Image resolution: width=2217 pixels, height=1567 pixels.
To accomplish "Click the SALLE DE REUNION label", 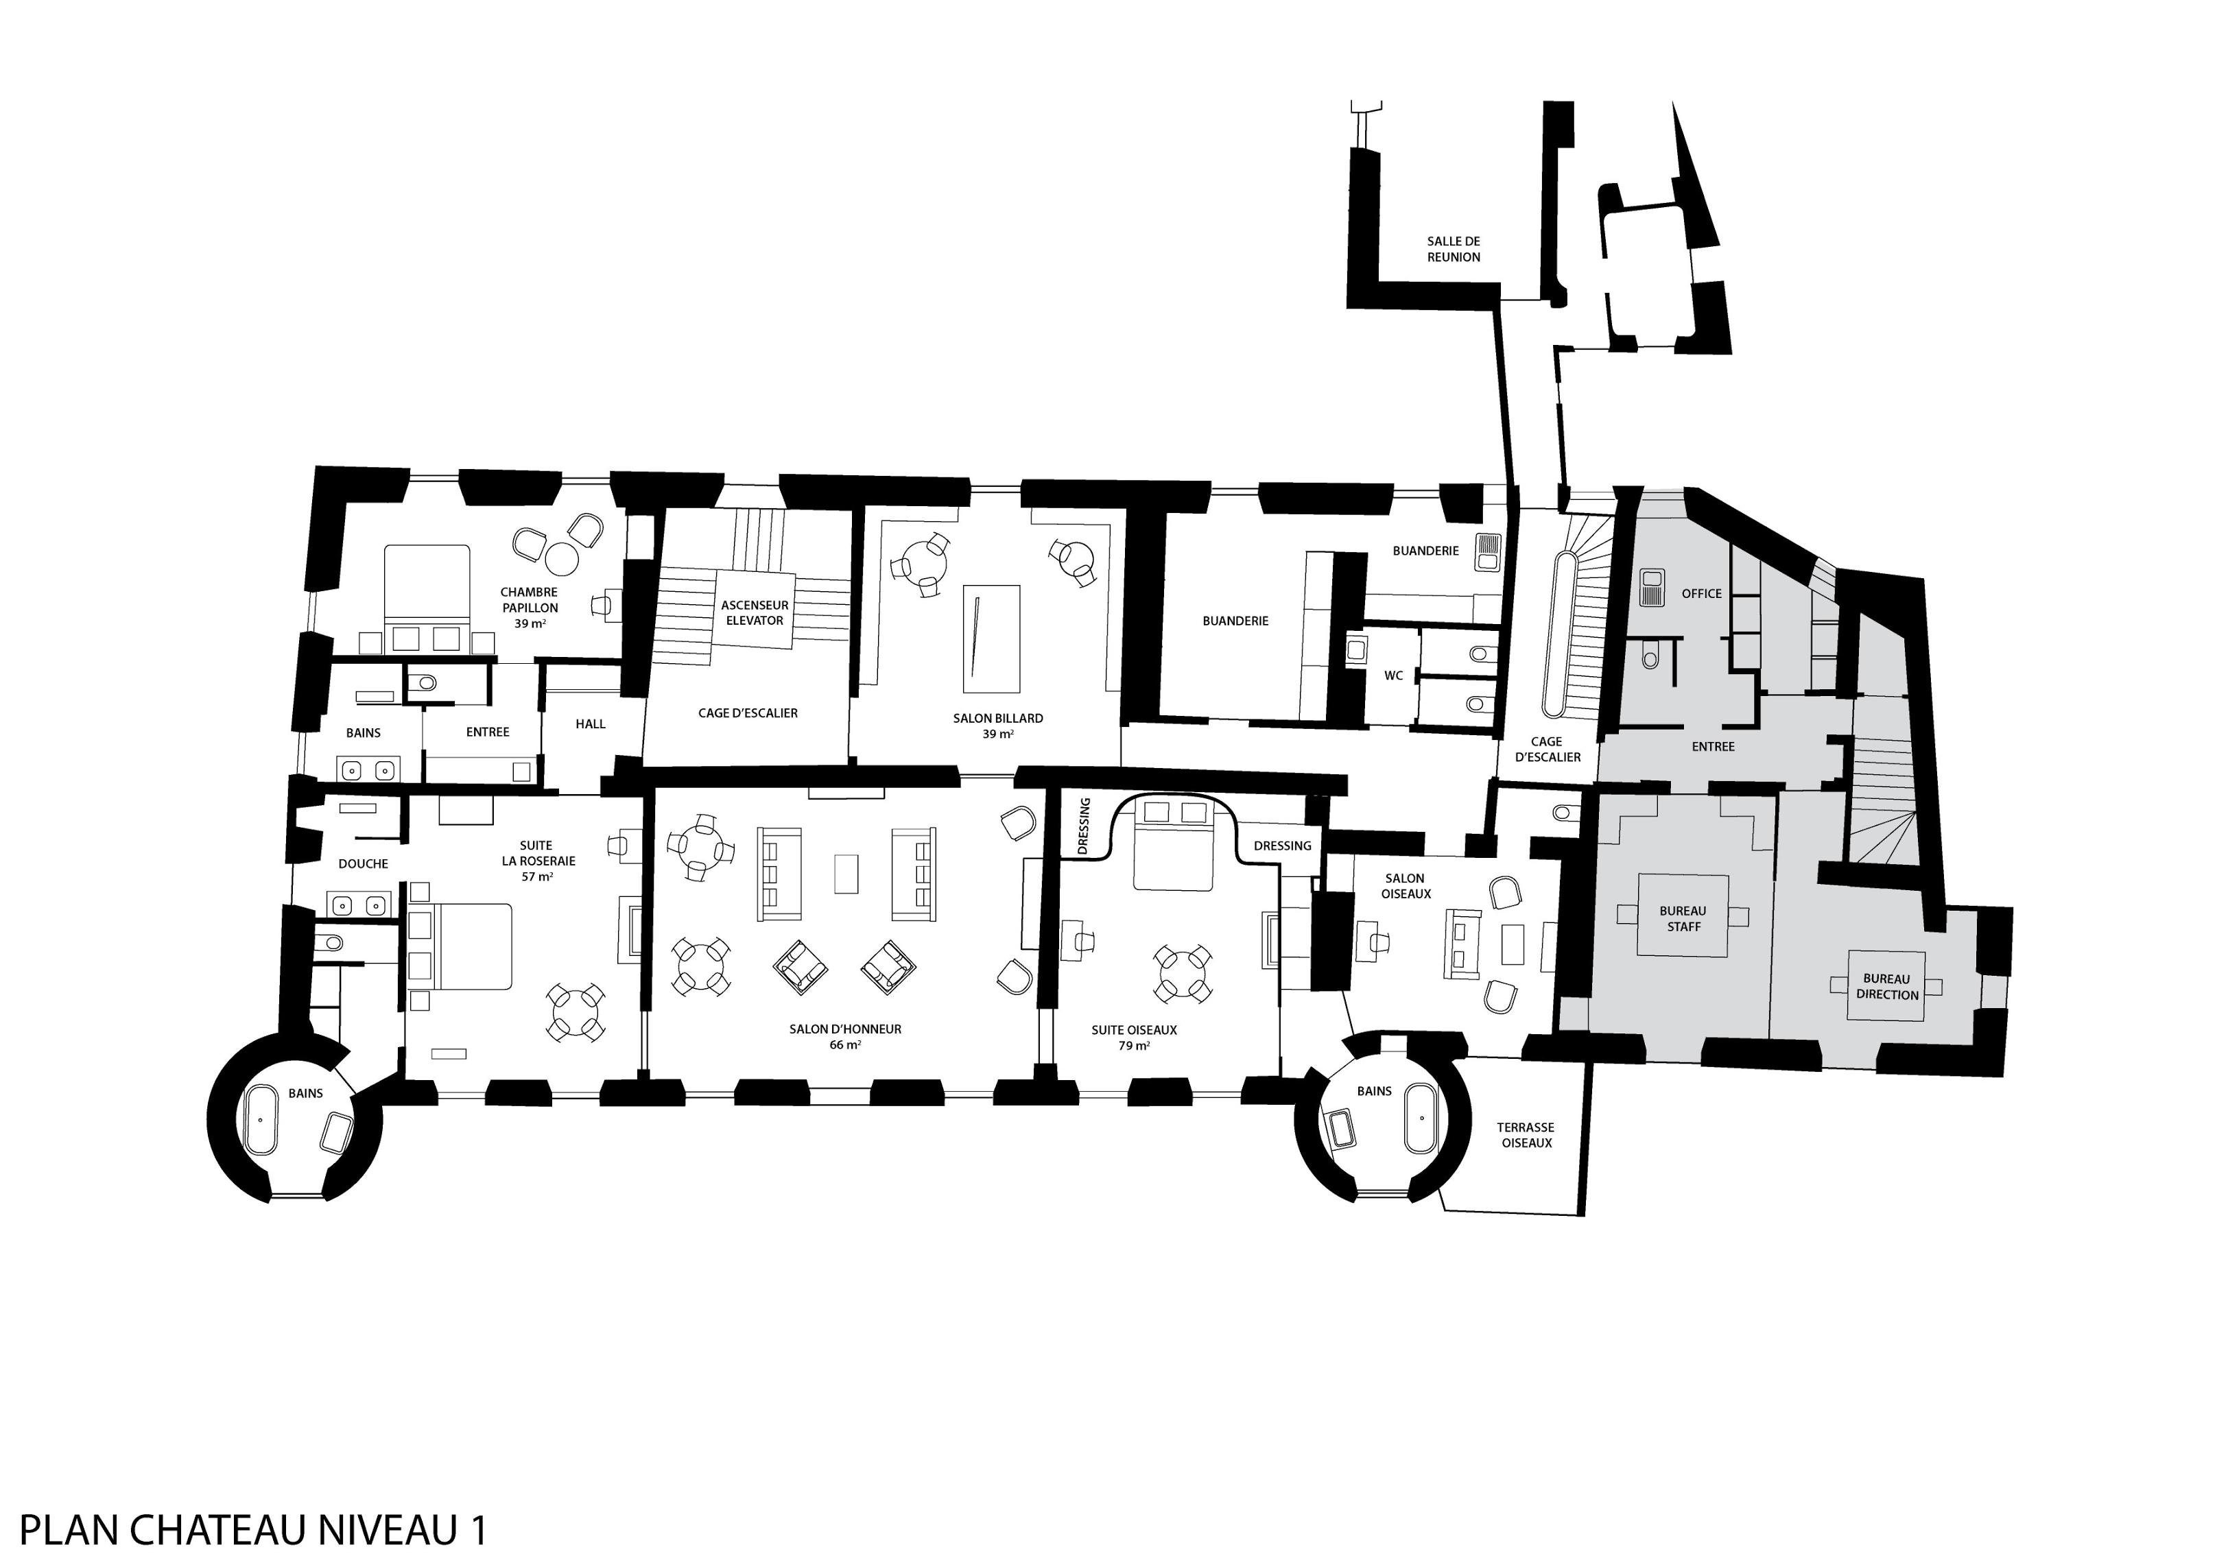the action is [x=1454, y=249].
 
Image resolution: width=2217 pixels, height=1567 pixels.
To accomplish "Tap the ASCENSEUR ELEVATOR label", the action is [x=754, y=612].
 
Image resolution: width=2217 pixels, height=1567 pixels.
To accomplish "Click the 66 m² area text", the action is [x=845, y=1044].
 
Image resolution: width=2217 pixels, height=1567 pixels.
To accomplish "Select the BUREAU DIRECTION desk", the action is [x=1886, y=985].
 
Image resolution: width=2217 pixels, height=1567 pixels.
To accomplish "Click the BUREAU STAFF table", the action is [x=1682, y=916].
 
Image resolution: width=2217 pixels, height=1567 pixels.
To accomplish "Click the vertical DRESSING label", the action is [x=1083, y=826].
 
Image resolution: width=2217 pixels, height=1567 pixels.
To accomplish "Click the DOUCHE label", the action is [x=363, y=864].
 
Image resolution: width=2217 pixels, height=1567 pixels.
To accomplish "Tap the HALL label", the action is [x=590, y=724].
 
